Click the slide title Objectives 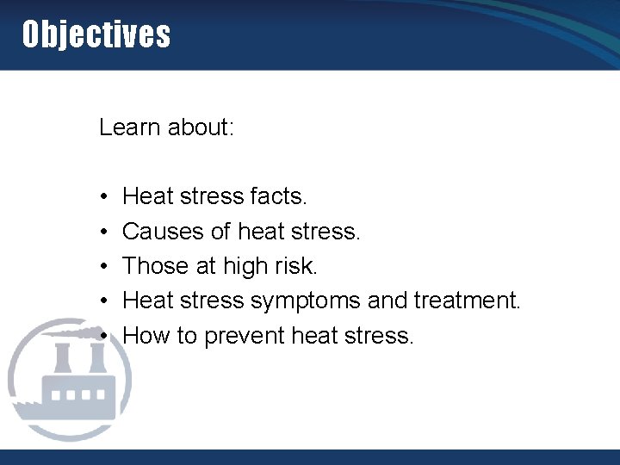pos(96,35)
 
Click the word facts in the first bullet pos(278,197)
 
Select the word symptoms pos(305,301)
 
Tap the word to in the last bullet pos(187,336)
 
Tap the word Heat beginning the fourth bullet pos(149,301)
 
